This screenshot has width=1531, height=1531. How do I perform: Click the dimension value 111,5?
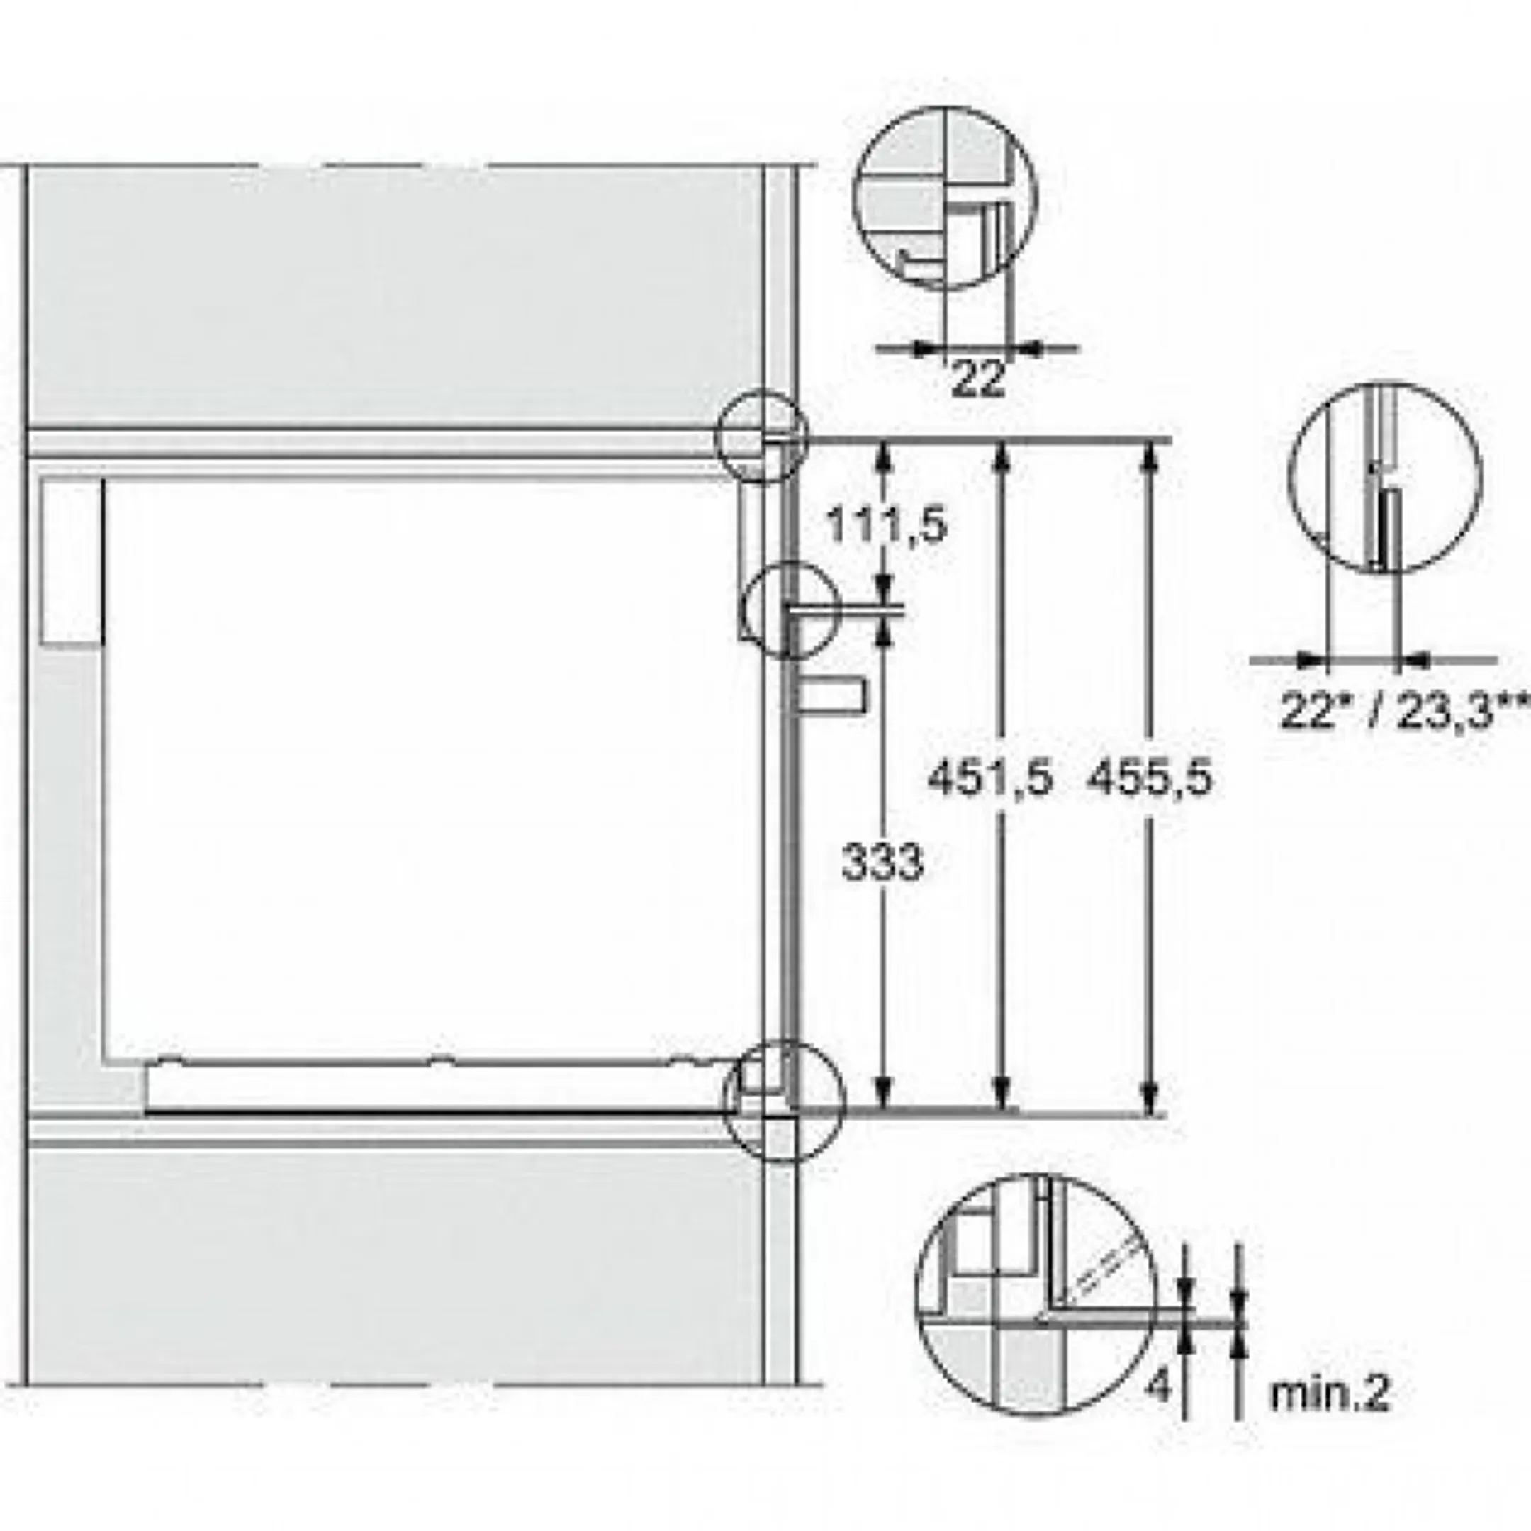(886, 525)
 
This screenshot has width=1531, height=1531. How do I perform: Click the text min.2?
(1330, 1395)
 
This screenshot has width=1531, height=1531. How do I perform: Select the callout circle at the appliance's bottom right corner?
(785, 1101)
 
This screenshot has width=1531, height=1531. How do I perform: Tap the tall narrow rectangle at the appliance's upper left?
(71, 562)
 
